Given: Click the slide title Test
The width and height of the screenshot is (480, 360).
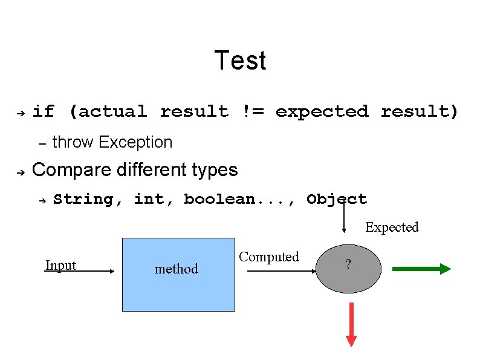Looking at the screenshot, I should [x=240, y=61].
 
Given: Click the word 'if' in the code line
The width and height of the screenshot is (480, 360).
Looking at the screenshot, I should [x=43, y=111].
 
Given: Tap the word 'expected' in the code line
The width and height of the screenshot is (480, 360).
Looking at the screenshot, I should [x=322, y=111].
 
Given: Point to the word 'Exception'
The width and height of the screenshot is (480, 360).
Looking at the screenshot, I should [x=135, y=142].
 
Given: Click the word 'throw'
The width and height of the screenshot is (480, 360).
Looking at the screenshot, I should [x=73, y=142].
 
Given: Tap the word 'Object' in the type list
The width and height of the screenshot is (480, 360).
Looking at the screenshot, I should [x=336, y=199].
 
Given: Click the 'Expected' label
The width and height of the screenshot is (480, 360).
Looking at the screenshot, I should [x=392, y=227].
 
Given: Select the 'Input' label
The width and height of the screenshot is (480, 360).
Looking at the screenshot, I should [x=60, y=265].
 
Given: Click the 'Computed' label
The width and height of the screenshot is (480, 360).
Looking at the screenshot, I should [x=269, y=257].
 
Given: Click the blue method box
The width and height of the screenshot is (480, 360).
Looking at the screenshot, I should [x=178, y=274].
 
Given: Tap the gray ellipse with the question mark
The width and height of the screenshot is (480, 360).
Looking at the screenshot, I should [x=349, y=269].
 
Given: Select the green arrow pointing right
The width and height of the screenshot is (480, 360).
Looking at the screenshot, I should [x=421, y=269].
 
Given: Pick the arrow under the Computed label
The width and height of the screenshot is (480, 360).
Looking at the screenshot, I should [x=282, y=271].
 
